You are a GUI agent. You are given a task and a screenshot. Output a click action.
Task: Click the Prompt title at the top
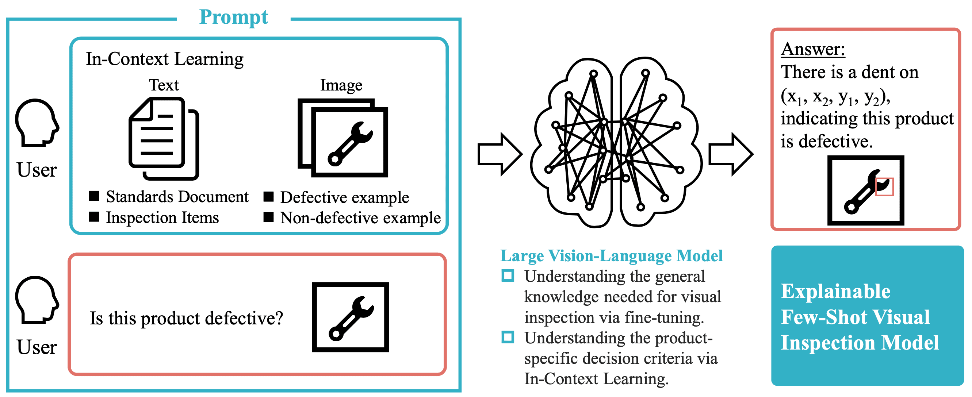[233, 17]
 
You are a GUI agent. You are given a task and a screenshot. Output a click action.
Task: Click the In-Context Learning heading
[165, 59]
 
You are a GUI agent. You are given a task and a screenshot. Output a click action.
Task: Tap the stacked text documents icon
[163, 138]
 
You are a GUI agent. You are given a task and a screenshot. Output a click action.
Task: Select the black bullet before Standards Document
[94, 196]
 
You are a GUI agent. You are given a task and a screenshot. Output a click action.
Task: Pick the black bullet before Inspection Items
[94, 217]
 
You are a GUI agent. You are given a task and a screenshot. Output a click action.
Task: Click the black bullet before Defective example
[268, 197]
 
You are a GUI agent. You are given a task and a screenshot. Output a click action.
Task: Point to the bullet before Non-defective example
[268, 217]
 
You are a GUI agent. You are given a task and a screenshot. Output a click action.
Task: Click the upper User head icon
[37, 123]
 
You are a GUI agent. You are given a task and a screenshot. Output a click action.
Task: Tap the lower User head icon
[37, 300]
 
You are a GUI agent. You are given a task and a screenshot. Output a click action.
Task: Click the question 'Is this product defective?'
[186, 319]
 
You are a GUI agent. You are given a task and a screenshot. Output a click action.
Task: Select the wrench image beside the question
[350, 317]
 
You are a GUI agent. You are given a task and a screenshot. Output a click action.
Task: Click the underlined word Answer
[813, 49]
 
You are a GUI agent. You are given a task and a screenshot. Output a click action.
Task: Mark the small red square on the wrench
[884, 186]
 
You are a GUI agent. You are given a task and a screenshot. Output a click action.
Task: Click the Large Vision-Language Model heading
[611, 256]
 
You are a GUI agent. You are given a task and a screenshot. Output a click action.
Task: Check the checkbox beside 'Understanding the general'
[508, 275]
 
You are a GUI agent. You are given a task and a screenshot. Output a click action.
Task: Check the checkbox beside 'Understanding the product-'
[508, 337]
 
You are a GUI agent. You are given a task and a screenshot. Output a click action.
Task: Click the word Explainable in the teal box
[835, 292]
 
